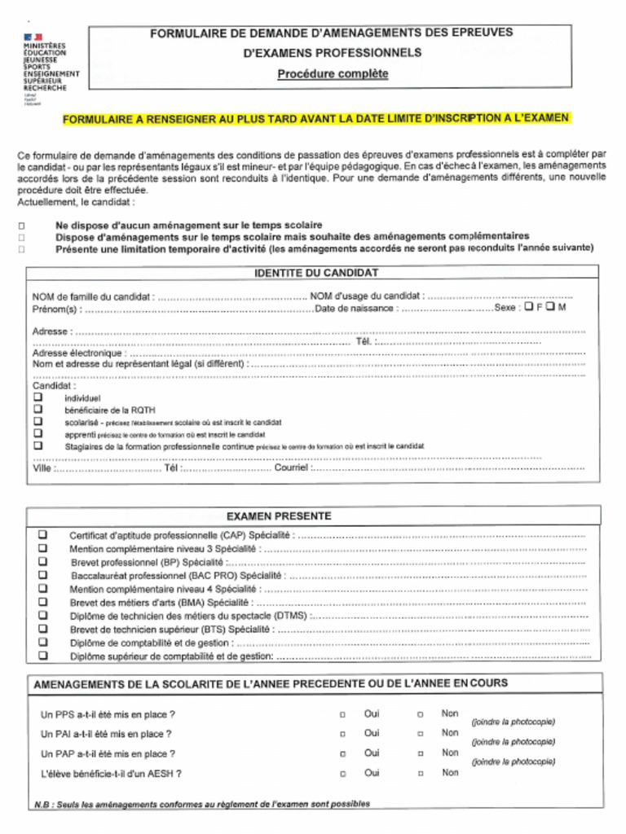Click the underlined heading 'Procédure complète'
pyautogui.click(x=333, y=74)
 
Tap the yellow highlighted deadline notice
pyautogui.click(x=315, y=119)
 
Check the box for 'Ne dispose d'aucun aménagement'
pyautogui.click(x=22, y=226)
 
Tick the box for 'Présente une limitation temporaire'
pyautogui.click(x=22, y=249)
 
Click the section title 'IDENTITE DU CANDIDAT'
pyautogui.click(x=316, y=274)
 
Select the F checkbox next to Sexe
pyautogui.click(x=529, y=308)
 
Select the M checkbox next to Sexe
pyautogui.click(x=550, y=308)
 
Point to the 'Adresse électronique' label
pyautogui.click(x=79, y=353)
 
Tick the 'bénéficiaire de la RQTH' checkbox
pyautogui.click(x=37, y=410)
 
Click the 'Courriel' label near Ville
pyautogui.click(x=291, y=468)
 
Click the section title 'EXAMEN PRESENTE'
pyautogui.click(x=279, y=516)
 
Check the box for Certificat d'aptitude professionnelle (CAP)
pyautogui.click(x=43, y=535)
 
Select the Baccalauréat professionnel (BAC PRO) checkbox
pyautogui.click(x=43, y=575)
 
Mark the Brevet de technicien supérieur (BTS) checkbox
pyautogui.click(x=43, y=629)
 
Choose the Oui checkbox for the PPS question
pyautogui.click(x=342, y=715)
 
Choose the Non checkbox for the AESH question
pyautogui.click(x=420, y=774)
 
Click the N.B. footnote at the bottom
pyautogui.click(x=201, y=804)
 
